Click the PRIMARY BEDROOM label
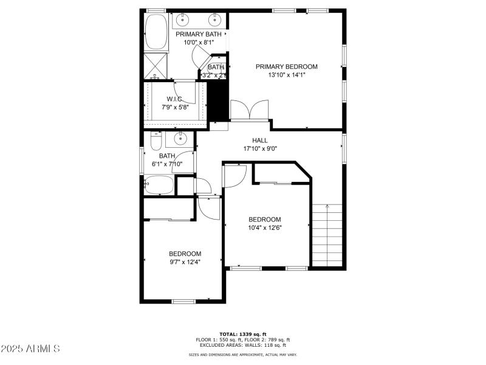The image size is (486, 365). [286, 67]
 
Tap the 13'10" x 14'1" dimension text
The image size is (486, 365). [286, 75]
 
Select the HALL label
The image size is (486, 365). [260, 141]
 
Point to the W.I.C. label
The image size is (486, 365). [176, 99]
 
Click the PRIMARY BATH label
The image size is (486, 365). [199, 34]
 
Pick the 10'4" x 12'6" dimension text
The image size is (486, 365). [265, 228]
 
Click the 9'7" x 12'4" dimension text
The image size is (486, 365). [185, 262]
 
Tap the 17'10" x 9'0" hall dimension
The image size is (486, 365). [260, 148]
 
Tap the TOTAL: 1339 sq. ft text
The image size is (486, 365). [242, 335]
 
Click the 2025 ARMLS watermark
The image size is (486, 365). [30, 349]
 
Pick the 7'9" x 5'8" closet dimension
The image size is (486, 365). [176, 107]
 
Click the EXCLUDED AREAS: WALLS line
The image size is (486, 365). [242, 346]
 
